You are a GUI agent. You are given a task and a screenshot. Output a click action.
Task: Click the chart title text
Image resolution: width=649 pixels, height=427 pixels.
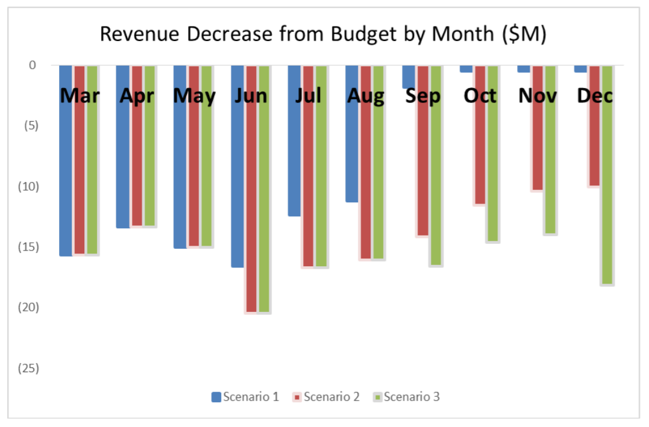click(x=322, y=34)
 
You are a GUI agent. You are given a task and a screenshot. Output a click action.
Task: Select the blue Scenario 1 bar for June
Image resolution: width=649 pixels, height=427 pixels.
click(x=237, y=181)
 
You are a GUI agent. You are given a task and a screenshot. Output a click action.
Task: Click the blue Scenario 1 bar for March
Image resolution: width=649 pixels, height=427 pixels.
click(x=66, y=175)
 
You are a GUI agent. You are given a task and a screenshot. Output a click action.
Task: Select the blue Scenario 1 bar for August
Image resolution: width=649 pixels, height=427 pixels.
click(x=352, y=151)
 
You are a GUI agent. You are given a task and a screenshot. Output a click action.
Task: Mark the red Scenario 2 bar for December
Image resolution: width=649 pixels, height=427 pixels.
click(x=594, y=145)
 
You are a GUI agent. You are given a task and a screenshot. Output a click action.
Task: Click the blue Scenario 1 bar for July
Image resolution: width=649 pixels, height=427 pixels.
click(x=294, y=157)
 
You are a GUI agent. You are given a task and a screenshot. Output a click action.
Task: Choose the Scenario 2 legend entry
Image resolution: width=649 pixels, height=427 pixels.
click(x=325, y=397)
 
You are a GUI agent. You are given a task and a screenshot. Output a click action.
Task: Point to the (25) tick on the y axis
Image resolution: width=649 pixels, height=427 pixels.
click(x=27, y=368)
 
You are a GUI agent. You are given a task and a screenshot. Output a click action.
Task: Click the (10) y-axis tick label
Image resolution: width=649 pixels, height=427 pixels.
click(x=27, y=186)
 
